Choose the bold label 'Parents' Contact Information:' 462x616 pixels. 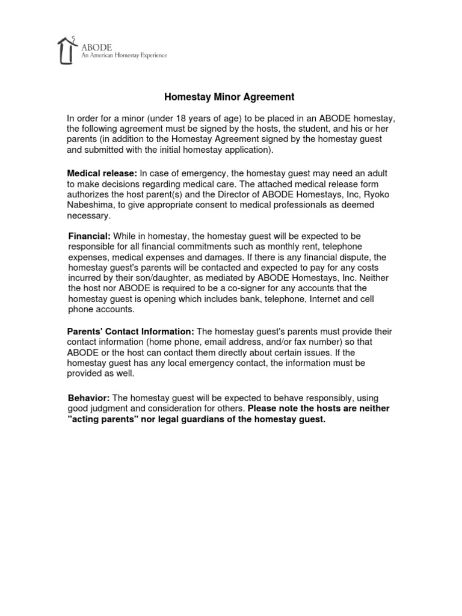pyautogui.click(x=131, y=331)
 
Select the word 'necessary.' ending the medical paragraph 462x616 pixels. pyautogui.click(x=89, y=215)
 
